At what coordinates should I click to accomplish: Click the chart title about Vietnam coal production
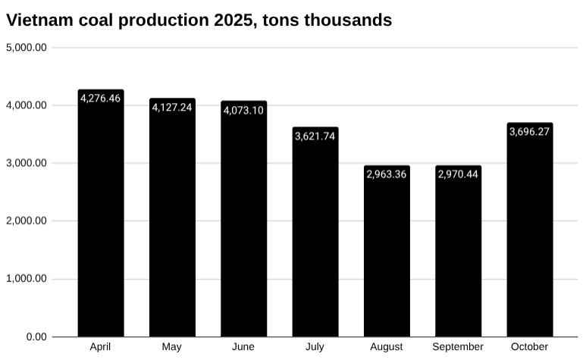click(x=199, y=20)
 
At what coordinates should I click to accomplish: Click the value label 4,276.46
click(x=101, y=99)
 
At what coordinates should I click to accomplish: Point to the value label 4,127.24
click(x=172, y=108)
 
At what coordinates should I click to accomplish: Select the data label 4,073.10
click(x=243, y=111)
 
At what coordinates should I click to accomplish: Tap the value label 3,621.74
click(x=315, y=136)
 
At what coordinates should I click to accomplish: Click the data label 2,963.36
click(x=387, y=174)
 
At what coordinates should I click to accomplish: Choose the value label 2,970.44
click(x=458, y=174)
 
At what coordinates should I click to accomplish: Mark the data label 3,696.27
click(x=529, y=132)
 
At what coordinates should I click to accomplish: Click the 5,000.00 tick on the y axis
click(x=27, y=48)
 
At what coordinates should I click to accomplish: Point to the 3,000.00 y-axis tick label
click(x=27, y=163)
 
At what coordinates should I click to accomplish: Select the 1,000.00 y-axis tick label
click(x=27, y=279)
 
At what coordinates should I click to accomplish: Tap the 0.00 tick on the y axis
click(x=36, y=337)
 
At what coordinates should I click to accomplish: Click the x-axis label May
click(x=172, y=347)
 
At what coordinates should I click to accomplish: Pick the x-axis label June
click(x=243, y=347)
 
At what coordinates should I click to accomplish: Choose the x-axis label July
click(x=315, y=347)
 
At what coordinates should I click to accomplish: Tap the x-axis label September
click(x=458, y=347)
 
